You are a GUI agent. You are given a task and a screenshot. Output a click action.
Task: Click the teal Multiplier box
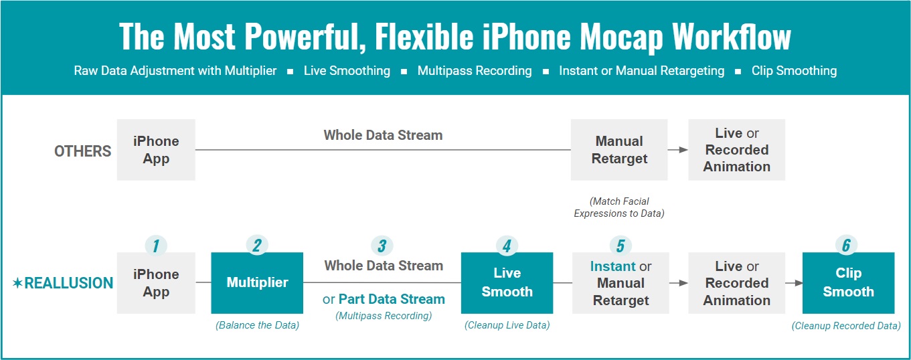(x=257, y=283)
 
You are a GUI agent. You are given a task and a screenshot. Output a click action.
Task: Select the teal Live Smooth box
(x=507, y=283)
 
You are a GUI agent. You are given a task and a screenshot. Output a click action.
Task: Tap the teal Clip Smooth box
(x=848, y=283)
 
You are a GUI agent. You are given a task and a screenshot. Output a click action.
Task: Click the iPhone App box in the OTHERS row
(x=156, y=150)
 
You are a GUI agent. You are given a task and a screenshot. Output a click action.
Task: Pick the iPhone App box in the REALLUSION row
(x=156, y=283)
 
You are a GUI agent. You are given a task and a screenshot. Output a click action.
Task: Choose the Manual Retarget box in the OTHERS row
(x=618, y=150)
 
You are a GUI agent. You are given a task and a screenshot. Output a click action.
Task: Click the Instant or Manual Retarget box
(x=620, y=283)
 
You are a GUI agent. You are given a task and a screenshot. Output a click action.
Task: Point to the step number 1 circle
(x=156, y=246)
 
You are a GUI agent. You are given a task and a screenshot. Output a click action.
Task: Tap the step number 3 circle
(x=382, y=246)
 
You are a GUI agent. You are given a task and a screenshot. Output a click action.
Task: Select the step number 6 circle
(x=846, y=246)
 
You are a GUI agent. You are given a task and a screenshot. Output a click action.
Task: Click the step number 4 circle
(x=507, y=246)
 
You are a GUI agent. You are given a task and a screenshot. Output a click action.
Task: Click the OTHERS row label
(x=82, y=151)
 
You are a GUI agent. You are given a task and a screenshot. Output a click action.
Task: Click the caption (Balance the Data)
(x=257, y=326)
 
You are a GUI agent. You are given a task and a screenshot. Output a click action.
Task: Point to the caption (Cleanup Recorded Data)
(x=846, y=326)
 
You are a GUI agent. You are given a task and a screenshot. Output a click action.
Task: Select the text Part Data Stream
(x=391, y=299)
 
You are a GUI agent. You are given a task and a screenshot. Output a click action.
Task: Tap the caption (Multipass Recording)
(x=384, y=316)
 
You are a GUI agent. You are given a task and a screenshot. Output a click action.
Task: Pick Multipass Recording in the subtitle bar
(x=475, y=71)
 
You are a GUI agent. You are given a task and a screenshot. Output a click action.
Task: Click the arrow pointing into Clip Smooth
(x=793, y=283)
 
